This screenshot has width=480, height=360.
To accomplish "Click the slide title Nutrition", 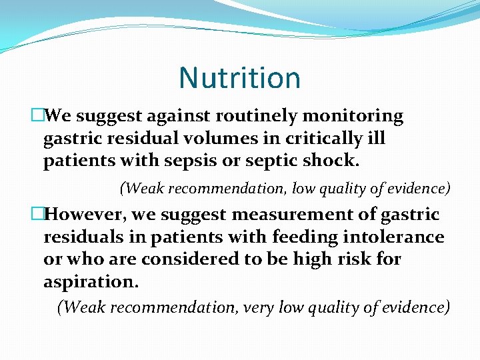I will point(239,78).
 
